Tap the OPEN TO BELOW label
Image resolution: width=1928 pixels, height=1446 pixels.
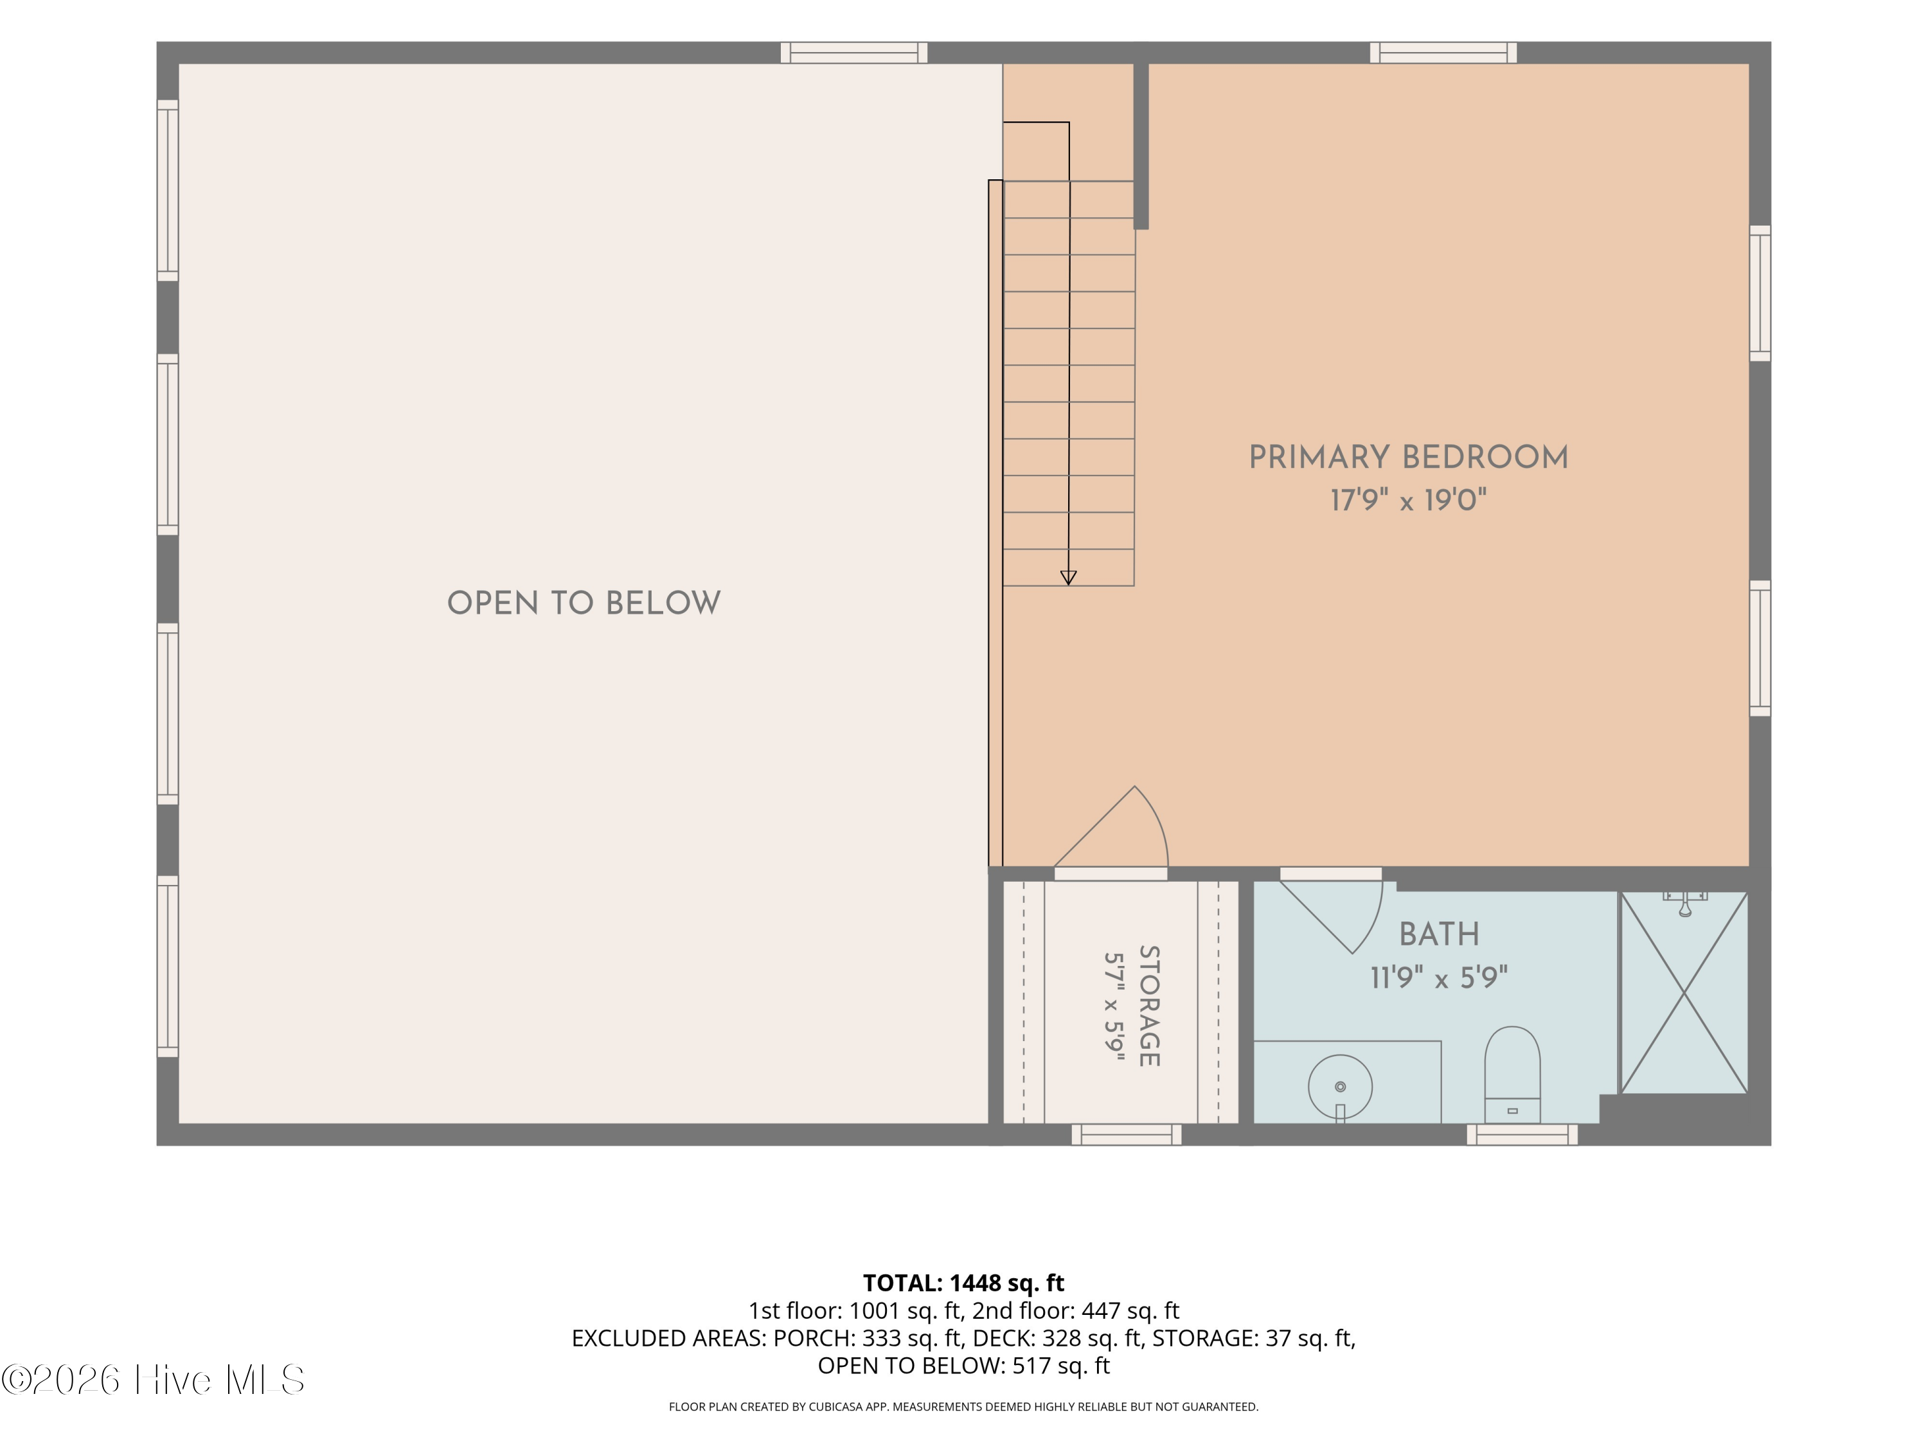584,603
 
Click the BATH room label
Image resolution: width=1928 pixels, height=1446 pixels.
1439,934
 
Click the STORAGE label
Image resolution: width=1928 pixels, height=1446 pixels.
1149,1006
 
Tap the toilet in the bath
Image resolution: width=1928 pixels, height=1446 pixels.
1512,1075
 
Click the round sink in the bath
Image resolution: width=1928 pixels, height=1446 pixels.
1341,1087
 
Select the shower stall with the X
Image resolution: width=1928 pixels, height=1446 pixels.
1684,992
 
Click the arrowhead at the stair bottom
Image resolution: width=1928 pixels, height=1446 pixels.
1069,578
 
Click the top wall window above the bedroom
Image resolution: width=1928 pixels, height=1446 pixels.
1443,52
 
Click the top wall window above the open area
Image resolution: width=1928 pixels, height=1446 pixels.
854,52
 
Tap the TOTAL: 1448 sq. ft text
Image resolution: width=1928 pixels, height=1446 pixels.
964,1283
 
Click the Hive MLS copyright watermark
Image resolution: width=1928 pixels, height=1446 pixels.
154,1380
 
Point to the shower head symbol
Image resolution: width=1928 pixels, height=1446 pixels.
1685,904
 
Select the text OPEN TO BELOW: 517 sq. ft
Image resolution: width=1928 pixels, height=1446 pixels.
964,1366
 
